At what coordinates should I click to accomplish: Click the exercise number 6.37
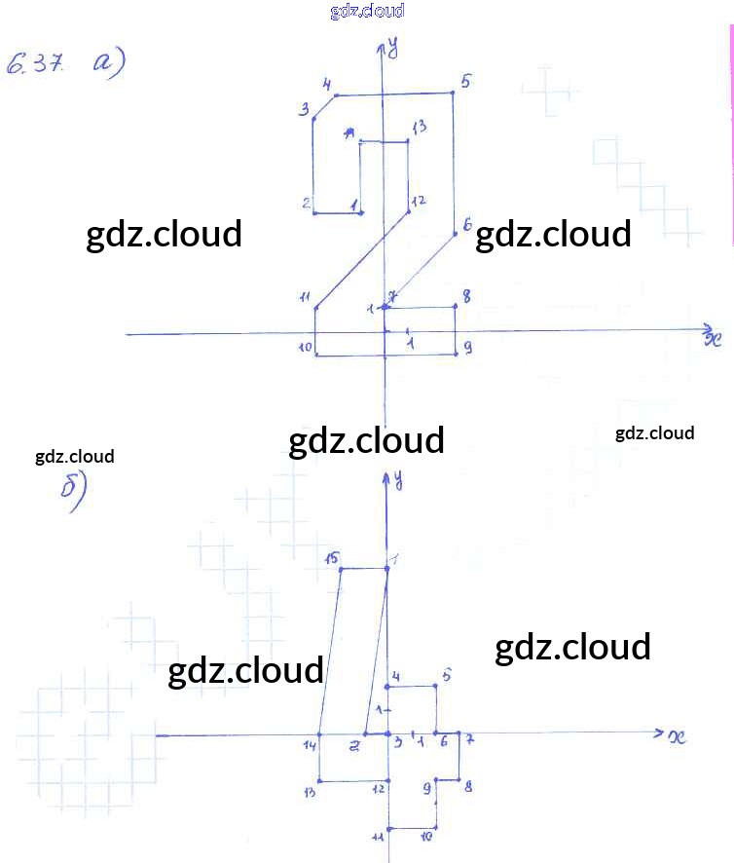(35, 65)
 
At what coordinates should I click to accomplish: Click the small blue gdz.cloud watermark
(367, 12)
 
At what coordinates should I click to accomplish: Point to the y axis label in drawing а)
(394, 45)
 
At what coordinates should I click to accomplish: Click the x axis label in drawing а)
(712, 338)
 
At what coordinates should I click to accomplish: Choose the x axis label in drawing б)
(678, 736)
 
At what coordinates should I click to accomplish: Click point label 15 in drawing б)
(331, 558)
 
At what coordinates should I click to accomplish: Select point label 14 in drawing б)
(310, 745)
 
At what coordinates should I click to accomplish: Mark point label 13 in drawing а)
(419, 127)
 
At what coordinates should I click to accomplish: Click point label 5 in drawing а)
(465, 82)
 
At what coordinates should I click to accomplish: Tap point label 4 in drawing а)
(328, 85)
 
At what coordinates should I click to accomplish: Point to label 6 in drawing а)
(467, 225)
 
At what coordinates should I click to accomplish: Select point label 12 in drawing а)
(419, 202)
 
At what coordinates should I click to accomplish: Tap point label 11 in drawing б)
(379, 836)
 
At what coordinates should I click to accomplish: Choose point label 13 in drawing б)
(310, 791)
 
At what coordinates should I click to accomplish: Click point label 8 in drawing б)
(468, 786)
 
